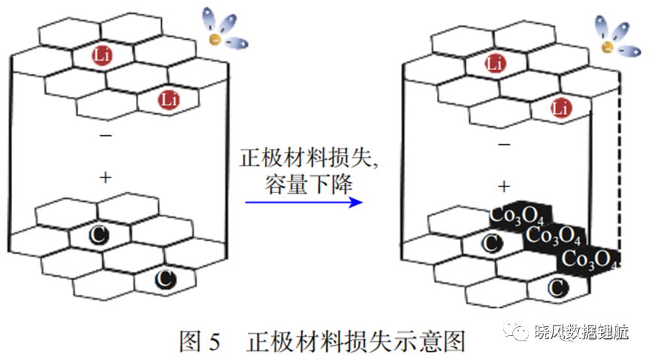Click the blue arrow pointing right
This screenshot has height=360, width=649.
[x=303, y=202]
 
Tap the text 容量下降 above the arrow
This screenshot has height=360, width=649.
[x=309, y=184]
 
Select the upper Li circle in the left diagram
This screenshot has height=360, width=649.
[x=102, y=55]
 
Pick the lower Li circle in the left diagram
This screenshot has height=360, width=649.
[x=168, y=100]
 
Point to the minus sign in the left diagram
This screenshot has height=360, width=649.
[x=106, y=135]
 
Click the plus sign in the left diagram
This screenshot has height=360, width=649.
[x=106, y=177]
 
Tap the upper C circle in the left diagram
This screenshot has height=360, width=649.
[x=99, y=235]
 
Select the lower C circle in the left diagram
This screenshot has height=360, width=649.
[x=165, y=280]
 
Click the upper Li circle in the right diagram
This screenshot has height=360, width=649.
[x=495, y=63]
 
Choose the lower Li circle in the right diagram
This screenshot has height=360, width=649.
[x=561, y=108]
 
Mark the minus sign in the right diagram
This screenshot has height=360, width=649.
[x=504, y=144]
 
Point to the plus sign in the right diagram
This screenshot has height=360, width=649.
[x=504, y=186]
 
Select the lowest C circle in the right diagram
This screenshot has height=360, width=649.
[x=557, y=288]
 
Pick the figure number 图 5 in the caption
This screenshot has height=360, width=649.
[x=200, y=341]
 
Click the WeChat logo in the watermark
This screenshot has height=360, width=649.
[x=516, y=331]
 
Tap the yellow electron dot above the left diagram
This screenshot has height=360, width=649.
[x=215, y=39]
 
